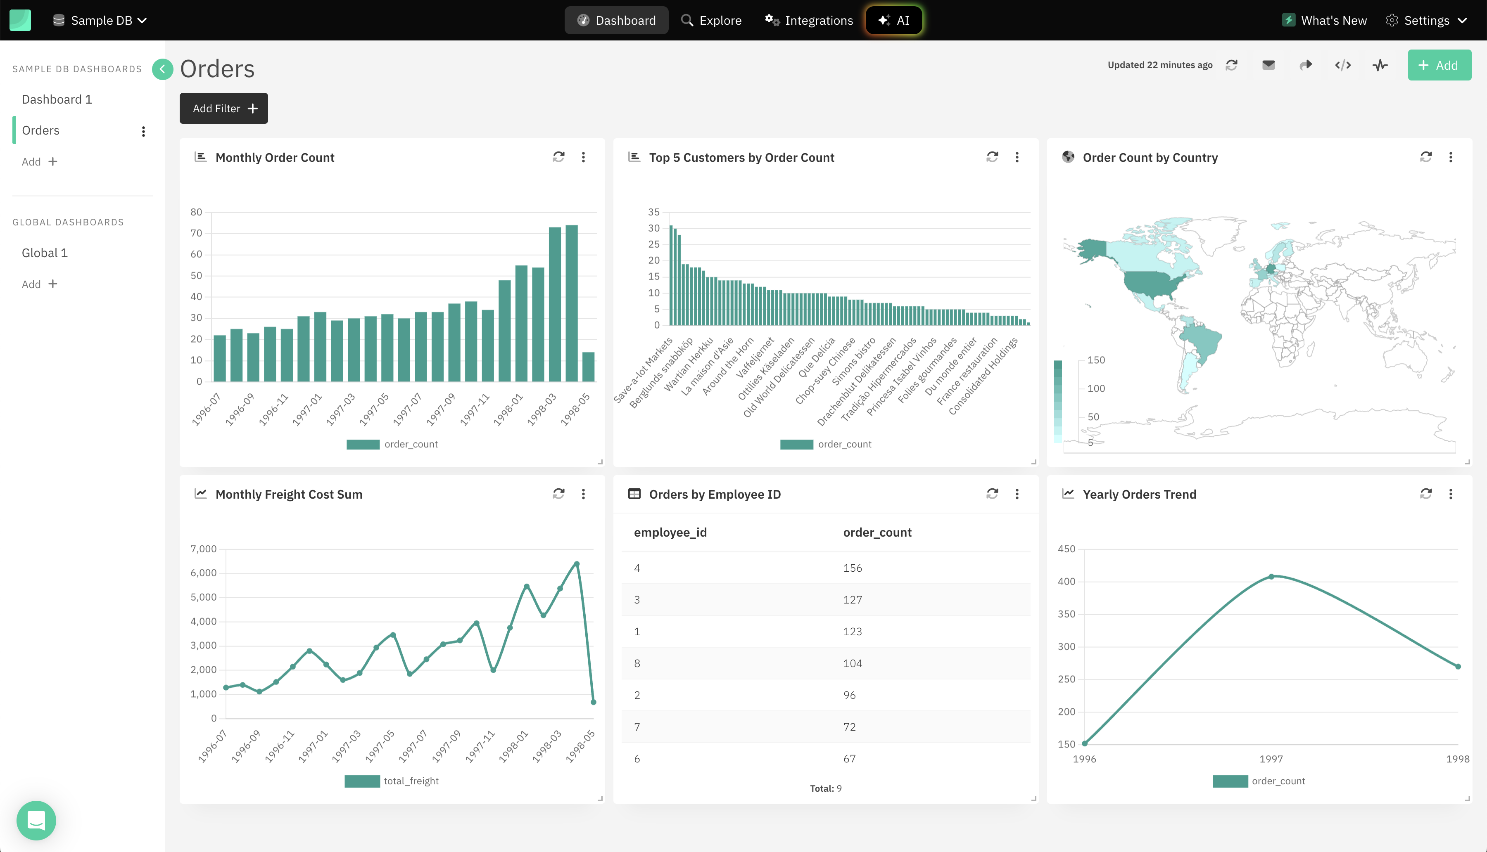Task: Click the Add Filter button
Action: (x=223, y=108)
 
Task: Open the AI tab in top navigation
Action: (x=893, y=21)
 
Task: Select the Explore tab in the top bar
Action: (x=711, y=21)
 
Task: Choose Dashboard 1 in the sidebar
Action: (x=57, y=99)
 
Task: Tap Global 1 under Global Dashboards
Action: (x=45, y=253)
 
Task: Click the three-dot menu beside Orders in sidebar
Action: (x=143, y=131)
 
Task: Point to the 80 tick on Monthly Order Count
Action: (x=196, y=212)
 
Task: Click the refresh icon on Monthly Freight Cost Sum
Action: (x=558, y=494)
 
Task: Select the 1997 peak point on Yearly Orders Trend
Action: (x=1271, y=576)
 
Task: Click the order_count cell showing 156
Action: (x=853, y=568)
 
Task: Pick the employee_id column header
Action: (x=670, y=532)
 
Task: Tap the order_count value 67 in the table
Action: (x=850, y=758)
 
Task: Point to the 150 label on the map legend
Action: (x=1096, y=360)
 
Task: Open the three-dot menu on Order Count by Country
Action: (x=1450, y=157)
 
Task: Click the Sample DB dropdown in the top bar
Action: (x=100, y=21)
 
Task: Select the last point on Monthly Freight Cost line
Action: (x=593, y=702)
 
